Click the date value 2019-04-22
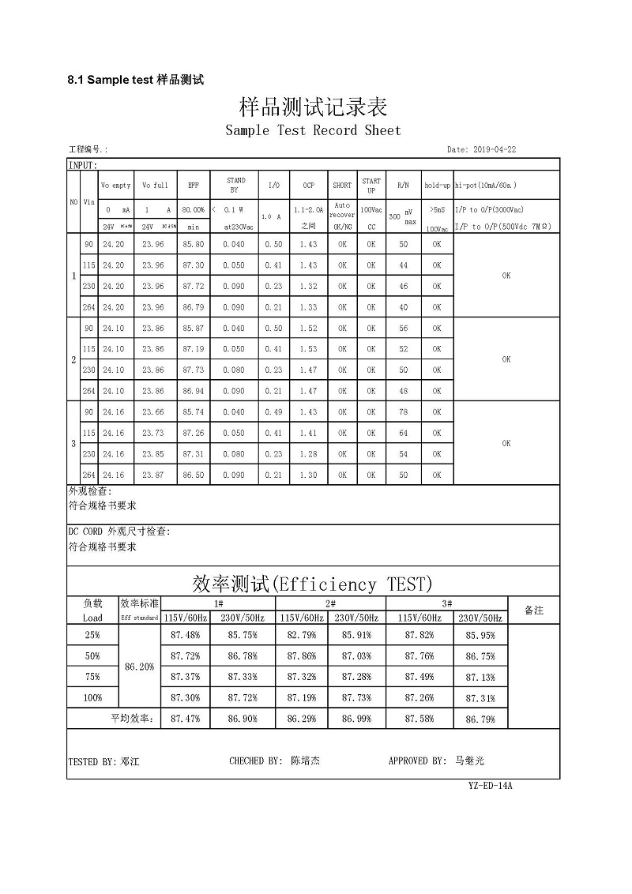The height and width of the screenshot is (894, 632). (x=494, y=149)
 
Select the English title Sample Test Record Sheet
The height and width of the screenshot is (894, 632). (x=313, y=130)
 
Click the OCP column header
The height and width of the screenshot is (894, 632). (x=308, y=186)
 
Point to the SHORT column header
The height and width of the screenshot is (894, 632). (x=342, y=186)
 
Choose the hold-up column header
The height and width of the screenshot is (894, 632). (x=437, y=186)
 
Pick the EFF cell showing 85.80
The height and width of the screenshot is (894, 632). (x=194, y=245)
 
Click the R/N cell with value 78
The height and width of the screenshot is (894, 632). (x=404, y=412)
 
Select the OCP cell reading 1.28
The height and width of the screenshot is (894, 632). (x=308, y=454)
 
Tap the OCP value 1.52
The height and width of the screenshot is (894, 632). (x=308, y=329)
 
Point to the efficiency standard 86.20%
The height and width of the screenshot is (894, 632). (x=140, y=667)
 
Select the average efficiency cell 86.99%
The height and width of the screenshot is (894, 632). (x=357, y=719)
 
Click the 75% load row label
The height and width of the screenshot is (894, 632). (x=92, y=677)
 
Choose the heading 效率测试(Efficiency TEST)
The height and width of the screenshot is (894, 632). (x=313, y=584)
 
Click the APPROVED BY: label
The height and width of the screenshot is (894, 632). (x=418, y=761)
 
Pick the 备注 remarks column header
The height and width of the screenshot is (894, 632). (x=534, y=610)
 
